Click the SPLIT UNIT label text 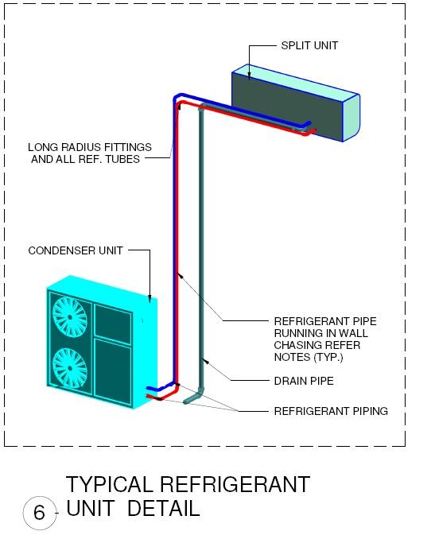point(309,45)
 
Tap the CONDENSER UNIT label point(76,250)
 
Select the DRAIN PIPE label point(304,381)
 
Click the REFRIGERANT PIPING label point(331,411)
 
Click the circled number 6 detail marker point(38,513)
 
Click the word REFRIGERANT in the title point(235,484)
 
